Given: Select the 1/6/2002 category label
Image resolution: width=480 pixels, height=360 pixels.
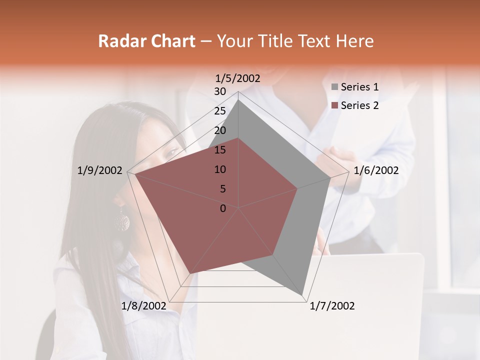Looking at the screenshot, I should [x=376, y=170].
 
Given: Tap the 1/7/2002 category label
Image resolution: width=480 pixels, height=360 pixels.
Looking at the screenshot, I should [x=332, y=306].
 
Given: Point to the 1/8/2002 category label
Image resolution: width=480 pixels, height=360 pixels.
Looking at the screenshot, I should [x=143, y=306].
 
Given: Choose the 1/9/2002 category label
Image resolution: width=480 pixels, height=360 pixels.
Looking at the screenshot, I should [x=100, y=170].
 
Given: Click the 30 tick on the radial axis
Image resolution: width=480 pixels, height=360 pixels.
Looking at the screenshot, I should [x=220, y=91].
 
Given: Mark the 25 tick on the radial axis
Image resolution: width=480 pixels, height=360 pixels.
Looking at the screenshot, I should [x=220, y=111].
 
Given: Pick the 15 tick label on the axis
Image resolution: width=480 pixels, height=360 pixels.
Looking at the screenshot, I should [x=220, y=150].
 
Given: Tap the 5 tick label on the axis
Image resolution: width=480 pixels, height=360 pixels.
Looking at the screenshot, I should [x=222, y=189].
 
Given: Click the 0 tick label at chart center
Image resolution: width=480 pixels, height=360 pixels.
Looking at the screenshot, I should [x=223, y=208].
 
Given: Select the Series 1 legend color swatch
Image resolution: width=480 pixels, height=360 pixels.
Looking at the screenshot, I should [x=334, y=87].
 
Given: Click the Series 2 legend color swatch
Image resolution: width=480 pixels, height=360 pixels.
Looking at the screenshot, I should [x=334, y=105].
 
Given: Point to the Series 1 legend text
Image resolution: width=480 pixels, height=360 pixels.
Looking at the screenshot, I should [x=359, y=87].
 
